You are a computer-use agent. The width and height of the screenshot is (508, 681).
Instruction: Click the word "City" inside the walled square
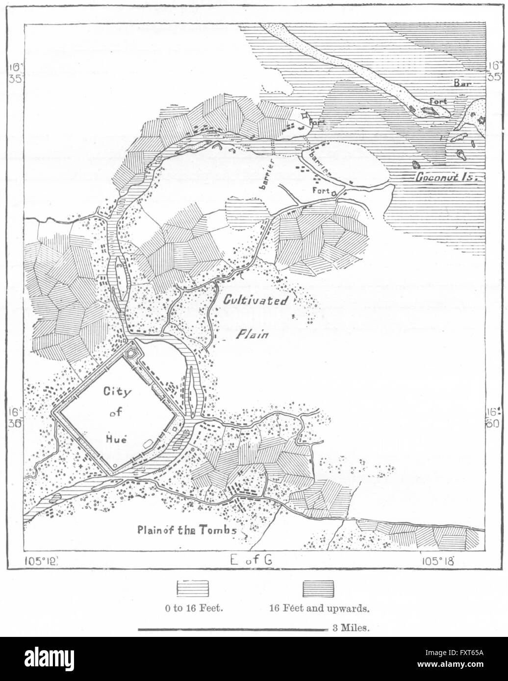coord(114,391)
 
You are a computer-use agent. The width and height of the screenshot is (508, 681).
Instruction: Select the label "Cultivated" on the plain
coord(256,300)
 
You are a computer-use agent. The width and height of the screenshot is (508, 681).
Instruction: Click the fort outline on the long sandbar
coord(430,110)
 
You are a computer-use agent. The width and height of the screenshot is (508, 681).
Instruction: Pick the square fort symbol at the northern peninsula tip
coord(305,116)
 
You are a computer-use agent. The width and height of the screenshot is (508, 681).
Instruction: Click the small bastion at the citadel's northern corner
coord(131,352)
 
